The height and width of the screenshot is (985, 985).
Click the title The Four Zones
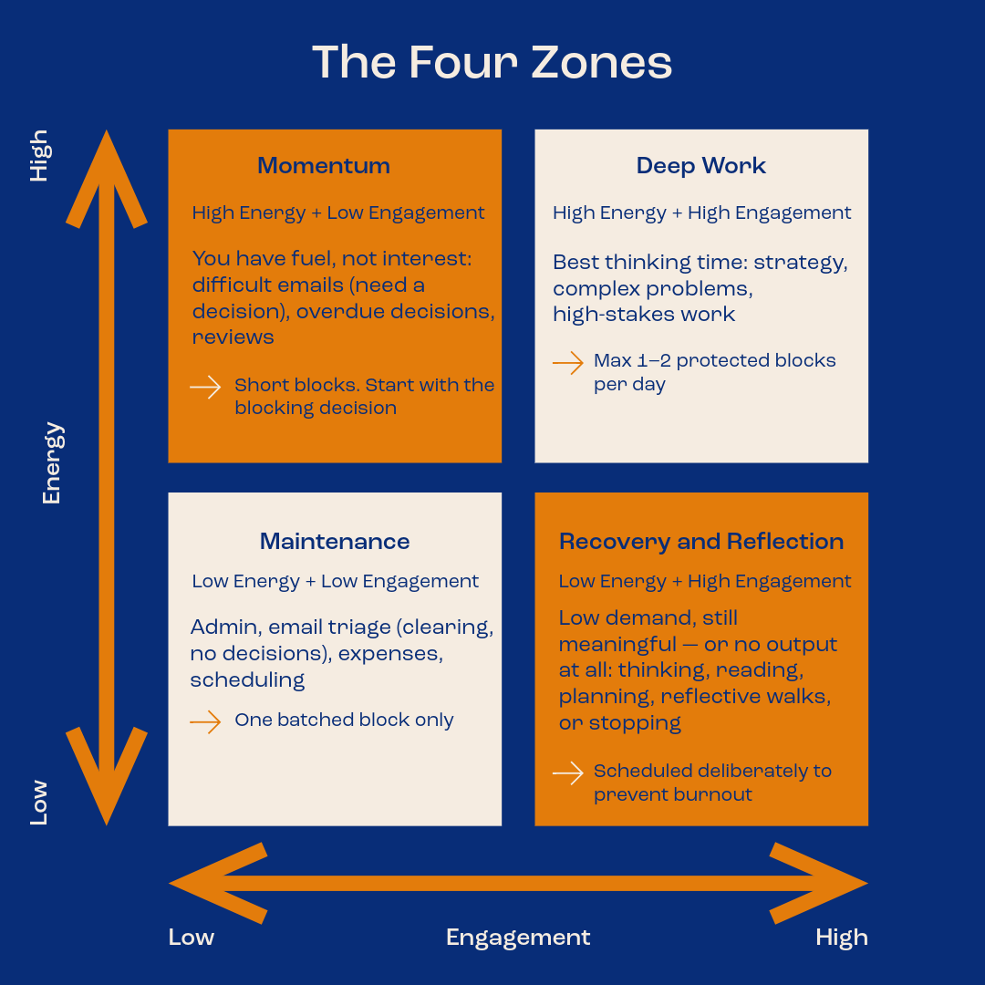click(x=492, y=62)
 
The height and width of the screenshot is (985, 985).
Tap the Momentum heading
click(x=324, y=165)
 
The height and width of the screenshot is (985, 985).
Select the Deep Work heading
click(x=701, y=165)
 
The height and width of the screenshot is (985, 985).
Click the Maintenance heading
click(x=335, y=541)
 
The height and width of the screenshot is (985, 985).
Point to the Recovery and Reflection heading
click(x=701, y=541)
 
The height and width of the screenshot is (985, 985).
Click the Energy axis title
click(x=52, y=463)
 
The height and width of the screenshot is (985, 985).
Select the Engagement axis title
click(x=518, y=938)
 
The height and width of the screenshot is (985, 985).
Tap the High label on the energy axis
click(x=39, y=156)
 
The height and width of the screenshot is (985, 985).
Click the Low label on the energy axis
click(x=39, y=803)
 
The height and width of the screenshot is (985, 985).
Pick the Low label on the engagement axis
click(x=192, y=937)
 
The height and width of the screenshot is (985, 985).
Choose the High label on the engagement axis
click(x=842, y=938)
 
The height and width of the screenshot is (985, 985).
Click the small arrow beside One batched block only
click(x=205, y=721)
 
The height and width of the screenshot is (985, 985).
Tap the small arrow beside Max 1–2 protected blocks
click(x=568, y=362)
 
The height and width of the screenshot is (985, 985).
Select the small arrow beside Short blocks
click(x=205, y=387)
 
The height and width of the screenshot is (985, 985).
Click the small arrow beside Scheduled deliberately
click(x=568, y=773)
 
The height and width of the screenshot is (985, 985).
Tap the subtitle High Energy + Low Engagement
click(x=338, y=213)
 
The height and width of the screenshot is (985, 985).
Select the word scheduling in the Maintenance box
click(x=247, y=680)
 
